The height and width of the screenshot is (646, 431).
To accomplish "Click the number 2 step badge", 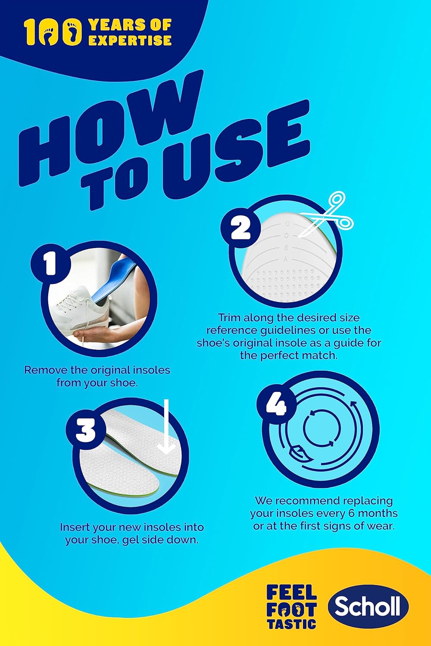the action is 240,227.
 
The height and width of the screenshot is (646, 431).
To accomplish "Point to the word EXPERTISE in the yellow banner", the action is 130,40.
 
